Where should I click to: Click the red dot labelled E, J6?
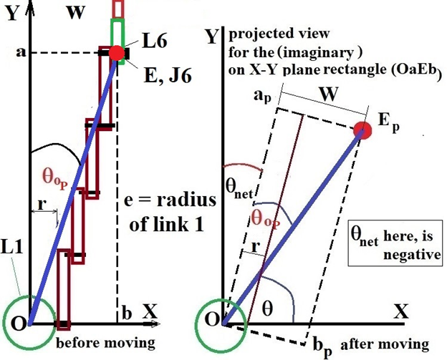tap(116, 52)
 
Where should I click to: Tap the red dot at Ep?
tap(365, 130)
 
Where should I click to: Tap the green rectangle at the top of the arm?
tap(119, 42)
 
